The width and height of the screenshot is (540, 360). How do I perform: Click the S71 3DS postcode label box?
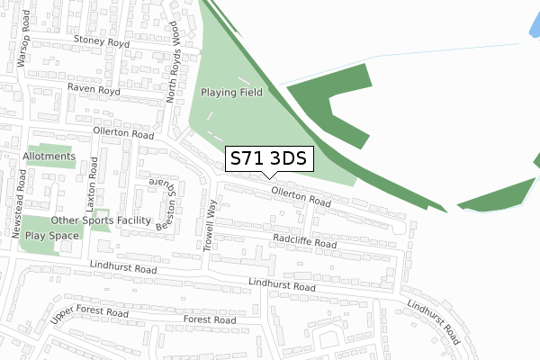point(268,159)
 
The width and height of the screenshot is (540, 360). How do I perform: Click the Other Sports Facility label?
point(101,220)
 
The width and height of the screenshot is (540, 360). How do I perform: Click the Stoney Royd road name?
point(102,40)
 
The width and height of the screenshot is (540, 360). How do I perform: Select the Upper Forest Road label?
point(89,317)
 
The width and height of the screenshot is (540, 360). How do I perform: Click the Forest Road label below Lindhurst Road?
point(209,319)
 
